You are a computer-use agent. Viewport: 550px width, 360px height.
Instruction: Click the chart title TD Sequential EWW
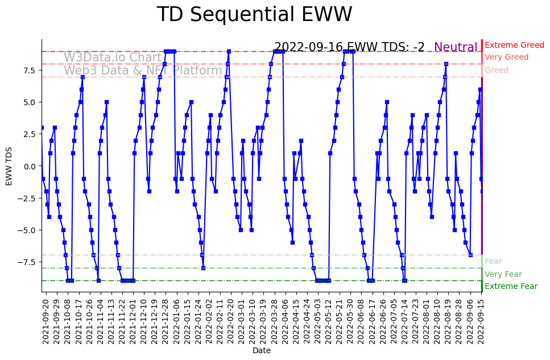tap(254, 15)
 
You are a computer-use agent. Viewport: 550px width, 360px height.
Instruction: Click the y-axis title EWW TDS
tap(9, 166)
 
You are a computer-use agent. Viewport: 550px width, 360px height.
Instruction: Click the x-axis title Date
tap(262, 351)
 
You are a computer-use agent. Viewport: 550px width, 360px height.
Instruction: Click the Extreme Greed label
tap(514, 45)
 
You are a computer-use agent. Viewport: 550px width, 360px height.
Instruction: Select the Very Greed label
tap(506, 57)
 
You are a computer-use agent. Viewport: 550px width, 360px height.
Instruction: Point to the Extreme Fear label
tap(511, 287)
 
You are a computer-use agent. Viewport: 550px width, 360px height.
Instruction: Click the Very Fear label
tap(503, 274)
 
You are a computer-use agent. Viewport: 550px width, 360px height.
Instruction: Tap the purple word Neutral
tap(456, 48)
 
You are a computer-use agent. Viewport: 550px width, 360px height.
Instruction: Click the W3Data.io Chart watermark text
tap(113, 57)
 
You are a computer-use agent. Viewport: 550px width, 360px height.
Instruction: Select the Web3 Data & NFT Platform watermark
tap(143, 71)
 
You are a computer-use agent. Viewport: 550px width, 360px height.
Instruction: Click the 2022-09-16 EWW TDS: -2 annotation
tap(349, 48)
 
